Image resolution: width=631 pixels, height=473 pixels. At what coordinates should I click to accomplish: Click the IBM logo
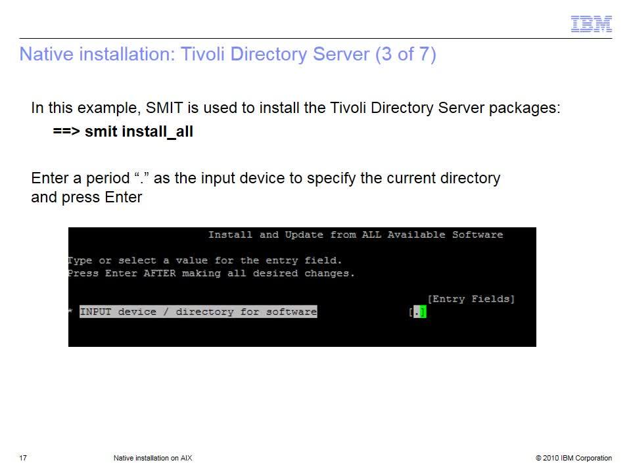pos(591,24)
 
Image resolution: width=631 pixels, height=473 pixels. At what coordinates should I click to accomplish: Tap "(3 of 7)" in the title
pos(406,55)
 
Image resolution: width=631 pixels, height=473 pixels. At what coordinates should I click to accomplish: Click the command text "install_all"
pos(157,131)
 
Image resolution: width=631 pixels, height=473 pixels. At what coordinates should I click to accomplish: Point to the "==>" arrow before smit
pos(66,131)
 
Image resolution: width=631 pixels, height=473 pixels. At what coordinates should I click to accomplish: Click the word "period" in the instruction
pos(108,178)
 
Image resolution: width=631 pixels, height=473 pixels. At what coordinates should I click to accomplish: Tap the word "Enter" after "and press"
pos(123,197)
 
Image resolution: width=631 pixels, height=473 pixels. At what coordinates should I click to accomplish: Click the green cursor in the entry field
pos(423,311)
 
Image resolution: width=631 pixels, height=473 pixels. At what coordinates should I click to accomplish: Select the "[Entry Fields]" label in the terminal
pos(471,299)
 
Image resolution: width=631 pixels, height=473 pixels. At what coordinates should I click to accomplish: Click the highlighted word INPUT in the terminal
pos(95,311)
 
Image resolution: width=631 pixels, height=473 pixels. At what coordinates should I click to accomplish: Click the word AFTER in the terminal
pos(160,273)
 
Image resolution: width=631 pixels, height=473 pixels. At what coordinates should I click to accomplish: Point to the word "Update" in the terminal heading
pos(304,235)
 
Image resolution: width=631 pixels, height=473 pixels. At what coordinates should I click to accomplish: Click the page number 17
pos(23,458)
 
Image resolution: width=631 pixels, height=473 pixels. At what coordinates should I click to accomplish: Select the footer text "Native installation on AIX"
pos(153,458)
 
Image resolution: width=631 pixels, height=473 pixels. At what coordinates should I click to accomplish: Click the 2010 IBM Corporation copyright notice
pos(574,458)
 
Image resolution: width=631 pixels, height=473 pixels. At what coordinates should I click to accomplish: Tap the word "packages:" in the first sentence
pos(525,108)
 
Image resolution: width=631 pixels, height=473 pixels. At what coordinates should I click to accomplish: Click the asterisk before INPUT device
pos(70,311)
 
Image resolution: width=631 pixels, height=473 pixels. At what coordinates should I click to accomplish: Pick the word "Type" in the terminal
pos(80,261)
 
